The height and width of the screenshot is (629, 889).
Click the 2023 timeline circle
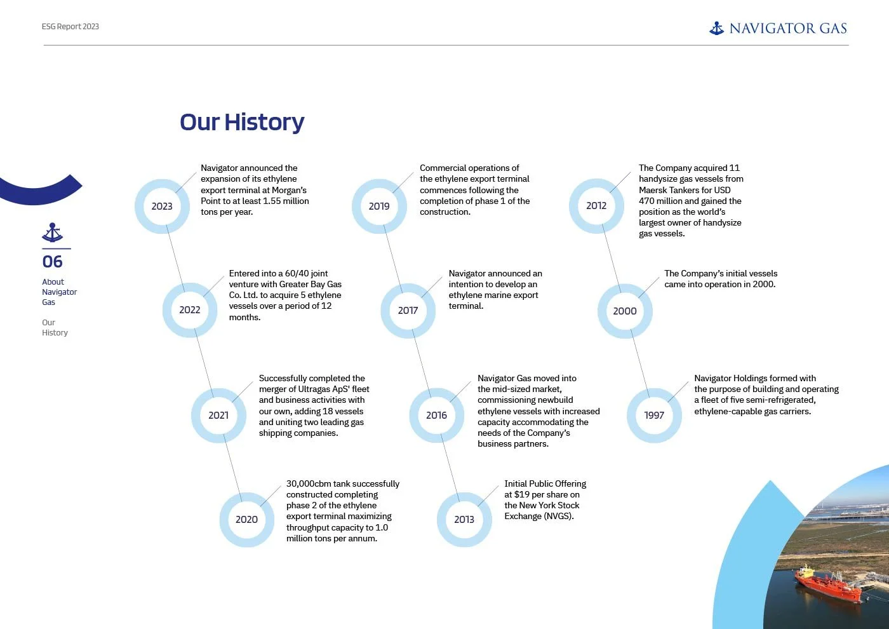click(x=162, y=206)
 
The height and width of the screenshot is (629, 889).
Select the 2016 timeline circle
click(x=436, y=415)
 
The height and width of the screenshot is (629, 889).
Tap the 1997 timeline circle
click(x=654, y=415)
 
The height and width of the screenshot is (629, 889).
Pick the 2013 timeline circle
click(x=464, y=519)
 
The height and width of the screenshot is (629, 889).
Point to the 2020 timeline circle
click(x=246, y=519)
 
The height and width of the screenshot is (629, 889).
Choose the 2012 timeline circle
click(x=596, y=206)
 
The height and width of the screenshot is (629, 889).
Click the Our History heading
click(x=242, y=122)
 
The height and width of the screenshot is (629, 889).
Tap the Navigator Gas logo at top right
click(x=778, y=28)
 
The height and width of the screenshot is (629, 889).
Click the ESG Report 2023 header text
click(x=70, y=27)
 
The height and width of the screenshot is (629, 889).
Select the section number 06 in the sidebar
click(x=53, y=262)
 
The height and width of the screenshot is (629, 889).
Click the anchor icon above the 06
click(x=53, y=233)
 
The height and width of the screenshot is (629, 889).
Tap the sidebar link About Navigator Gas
click(x=59, y=292)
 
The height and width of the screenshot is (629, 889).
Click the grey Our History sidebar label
click(x=55, y=327)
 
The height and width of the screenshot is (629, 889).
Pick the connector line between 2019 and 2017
click(x=393, y=258)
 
